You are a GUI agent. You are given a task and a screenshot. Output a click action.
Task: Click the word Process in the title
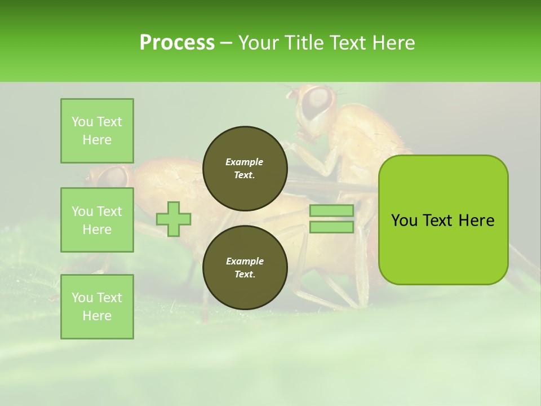[177, 42]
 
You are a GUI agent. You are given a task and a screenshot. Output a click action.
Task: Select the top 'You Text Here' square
[97, 131]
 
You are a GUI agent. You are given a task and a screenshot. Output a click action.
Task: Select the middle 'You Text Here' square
[97, 220]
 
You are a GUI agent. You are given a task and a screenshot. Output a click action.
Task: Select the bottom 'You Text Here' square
[97, 307]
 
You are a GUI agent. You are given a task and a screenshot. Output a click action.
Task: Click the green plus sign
[174, 219]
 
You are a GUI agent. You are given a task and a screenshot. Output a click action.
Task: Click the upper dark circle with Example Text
[245, 169]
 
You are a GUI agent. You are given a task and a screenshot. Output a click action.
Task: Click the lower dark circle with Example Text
[245, 268]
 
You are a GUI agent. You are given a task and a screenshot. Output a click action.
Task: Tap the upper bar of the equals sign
[332, 210]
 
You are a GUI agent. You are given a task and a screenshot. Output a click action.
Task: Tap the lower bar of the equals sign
[332, 227]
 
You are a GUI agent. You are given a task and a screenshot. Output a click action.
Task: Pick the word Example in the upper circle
[245, 162]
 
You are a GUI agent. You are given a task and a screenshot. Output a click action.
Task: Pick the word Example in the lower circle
[245, 261]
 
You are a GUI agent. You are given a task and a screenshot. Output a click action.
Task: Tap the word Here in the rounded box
[476, 220]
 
